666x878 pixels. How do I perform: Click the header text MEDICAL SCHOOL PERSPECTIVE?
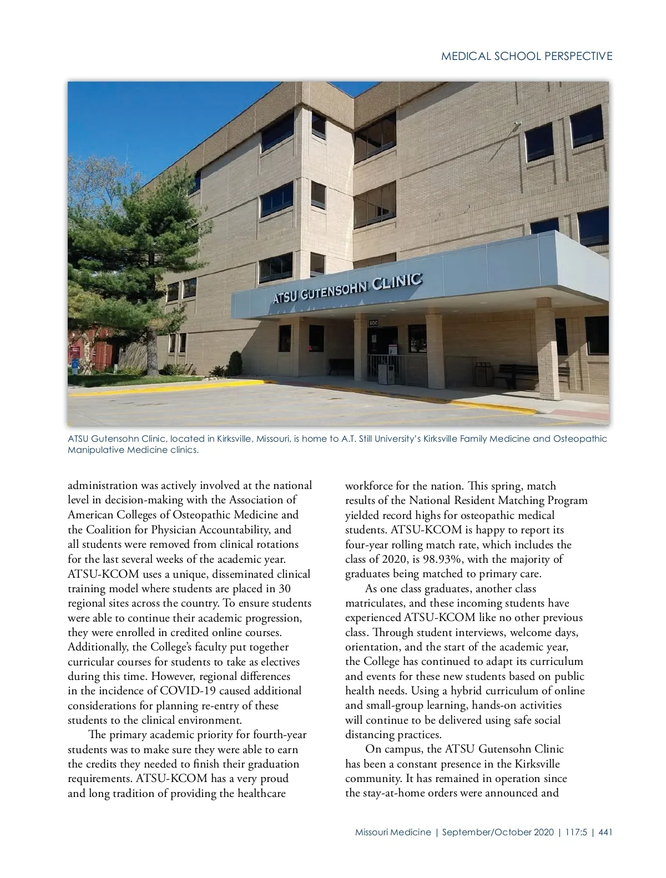[527, 56]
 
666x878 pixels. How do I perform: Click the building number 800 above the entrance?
[374, 322]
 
